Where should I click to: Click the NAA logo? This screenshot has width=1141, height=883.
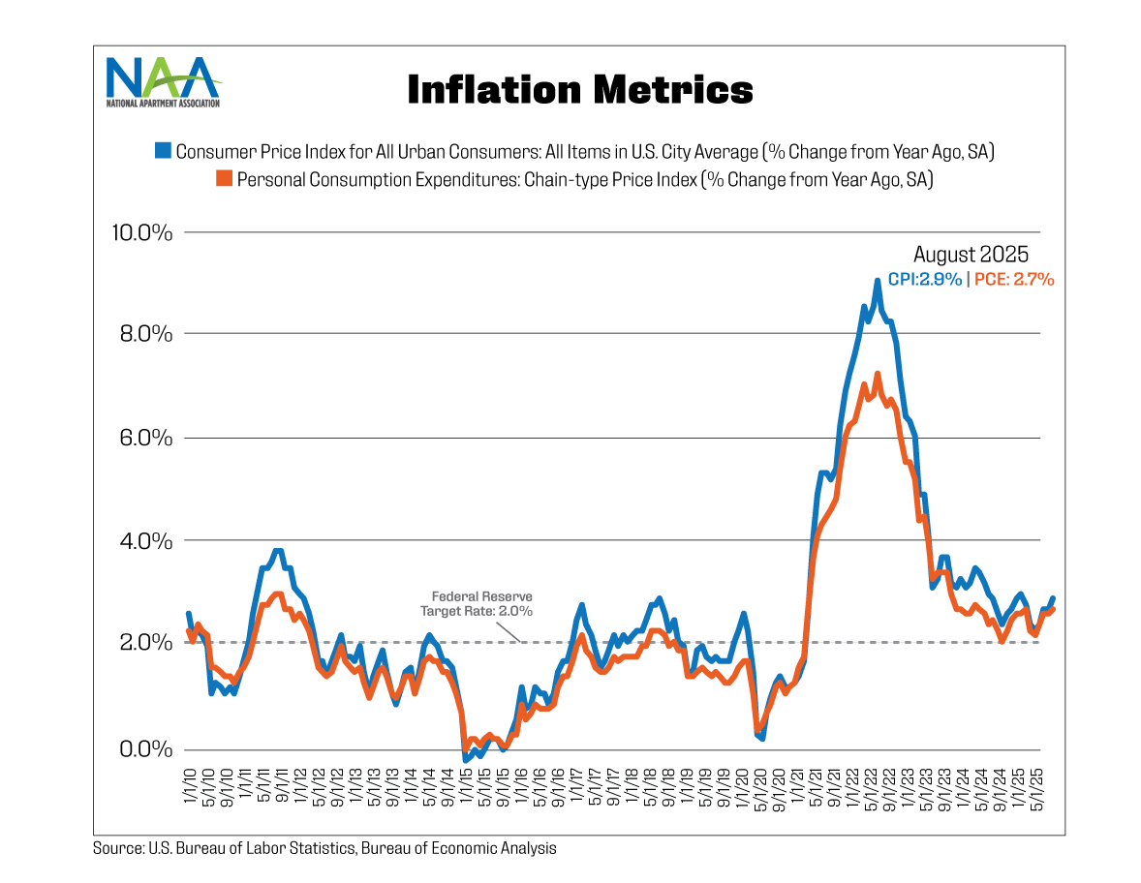click(x=164, y=82)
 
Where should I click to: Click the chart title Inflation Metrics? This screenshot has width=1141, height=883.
click(x=579, y=89)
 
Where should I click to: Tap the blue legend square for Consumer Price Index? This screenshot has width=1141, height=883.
click(x=164, y=151)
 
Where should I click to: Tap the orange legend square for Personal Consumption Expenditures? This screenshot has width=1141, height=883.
click(x=224, y=179)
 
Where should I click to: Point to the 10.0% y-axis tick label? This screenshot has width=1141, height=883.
click(x=142, y=232)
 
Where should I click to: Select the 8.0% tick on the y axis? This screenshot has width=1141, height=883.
click(x=147, y=334)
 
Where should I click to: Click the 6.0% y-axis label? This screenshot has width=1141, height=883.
click(x=147, y=438)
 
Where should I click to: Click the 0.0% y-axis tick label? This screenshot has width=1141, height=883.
click(x=147, y=749)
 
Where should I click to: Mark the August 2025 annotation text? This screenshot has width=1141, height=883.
click(x=971, y=255)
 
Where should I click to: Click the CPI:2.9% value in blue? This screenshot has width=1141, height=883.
click(x=925, y=279)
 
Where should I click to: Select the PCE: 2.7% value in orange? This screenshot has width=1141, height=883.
click(x=1013, y=279)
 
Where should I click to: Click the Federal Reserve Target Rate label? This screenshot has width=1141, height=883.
click(x=477, y=604)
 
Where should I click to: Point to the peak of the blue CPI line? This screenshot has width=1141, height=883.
click(x=878, y=281)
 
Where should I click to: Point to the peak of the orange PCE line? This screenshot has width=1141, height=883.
click(x=878, y=374)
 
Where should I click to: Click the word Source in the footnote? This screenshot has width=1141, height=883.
click(x=116, y=848)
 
